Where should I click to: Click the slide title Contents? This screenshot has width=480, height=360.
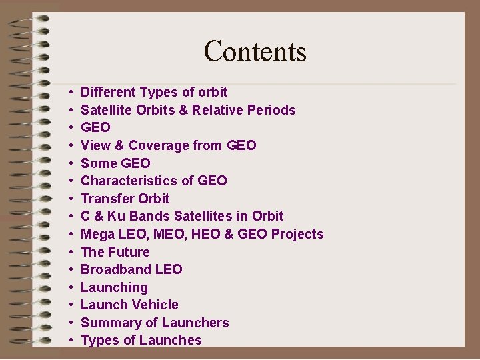pyautogui.click(x=255, y=51)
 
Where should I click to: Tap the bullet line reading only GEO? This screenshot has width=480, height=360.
pyautogui.click(x=95, y=127)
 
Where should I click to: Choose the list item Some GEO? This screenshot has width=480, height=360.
pyautogui.click(x=115, y=163)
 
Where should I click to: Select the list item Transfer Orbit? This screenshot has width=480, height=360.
pyautogui.click(x=125, y=199)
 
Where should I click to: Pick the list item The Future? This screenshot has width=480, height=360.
pyautogui.click(x=115, y=252)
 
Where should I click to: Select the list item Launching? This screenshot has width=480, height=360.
pyautogui.click(x=114, y=287)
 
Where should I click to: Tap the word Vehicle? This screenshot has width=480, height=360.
pyautogui.click(x=154, y=305)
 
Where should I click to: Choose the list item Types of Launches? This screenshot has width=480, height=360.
pyautogui.click(x=141, y=340)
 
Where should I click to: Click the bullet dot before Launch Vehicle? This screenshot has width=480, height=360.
pyautogui.click(x=70, y=305)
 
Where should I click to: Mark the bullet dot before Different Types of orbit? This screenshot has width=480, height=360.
pyautogui.click(x=70, y=93)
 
